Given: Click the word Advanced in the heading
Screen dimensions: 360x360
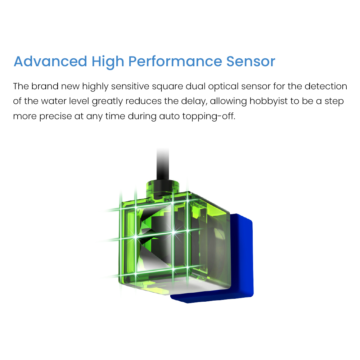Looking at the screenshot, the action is (x=50, y=62).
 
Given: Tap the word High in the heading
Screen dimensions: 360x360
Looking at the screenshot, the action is (x=108, y=62).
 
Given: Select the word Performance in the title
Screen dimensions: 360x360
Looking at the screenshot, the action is (x=175, y=62).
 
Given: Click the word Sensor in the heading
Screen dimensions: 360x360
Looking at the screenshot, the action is (x=251, y=62).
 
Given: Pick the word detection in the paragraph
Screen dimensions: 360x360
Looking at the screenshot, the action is (x=326, y=86).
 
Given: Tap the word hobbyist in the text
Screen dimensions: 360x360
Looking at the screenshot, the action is (x=269, y=102).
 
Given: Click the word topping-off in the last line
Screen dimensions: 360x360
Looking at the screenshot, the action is (x=209, y=116).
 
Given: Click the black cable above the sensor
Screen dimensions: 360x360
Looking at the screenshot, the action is (x=163, y=164).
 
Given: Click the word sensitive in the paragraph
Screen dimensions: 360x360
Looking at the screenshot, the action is (x=130, y=86).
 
